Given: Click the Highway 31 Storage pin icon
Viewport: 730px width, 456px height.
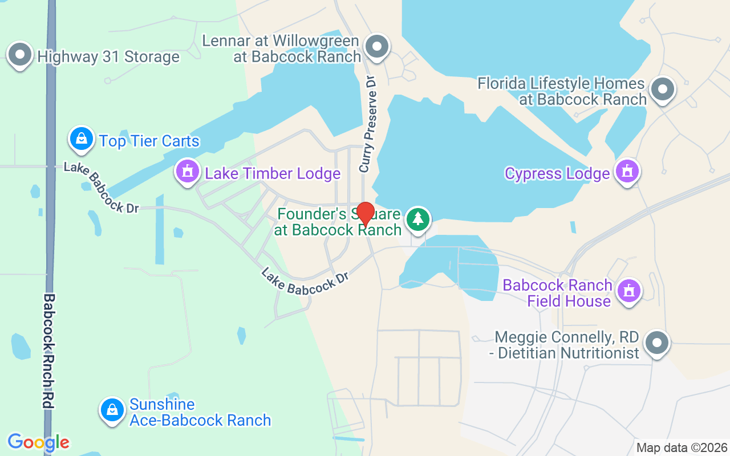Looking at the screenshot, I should pyautogui.click(x=21, y=55).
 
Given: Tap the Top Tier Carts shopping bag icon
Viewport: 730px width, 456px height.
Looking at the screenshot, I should pyautogui.click(x=82, y=139).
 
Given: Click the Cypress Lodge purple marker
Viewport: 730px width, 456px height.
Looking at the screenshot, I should pyautogui.click(x=627, y=171).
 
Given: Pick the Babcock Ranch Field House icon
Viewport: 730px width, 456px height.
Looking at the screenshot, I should pyautogui.click(x=629, y=291).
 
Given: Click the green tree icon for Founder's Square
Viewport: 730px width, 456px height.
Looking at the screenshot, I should pyautogui.click(x=418, y=219).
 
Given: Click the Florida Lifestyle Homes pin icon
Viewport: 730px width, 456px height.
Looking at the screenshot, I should pyautogui.click(x=662, y=89).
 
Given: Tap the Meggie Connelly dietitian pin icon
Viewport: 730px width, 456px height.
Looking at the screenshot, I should pyautogui.click(x=656, y=343).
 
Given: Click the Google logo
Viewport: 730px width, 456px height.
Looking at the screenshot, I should pyautogui.click(x=38, y=442).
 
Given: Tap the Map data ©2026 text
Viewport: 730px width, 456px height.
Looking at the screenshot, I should pyautogui.click(x=682, y=448).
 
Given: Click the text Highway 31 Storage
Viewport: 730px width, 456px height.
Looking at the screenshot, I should pyautogui.click(x=108, y=57).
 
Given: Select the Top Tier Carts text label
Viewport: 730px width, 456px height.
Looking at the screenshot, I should pyautogui.click(x=149, y=141).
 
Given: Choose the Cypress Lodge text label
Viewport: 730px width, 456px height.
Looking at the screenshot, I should pyautogui.click(x=557, y=173).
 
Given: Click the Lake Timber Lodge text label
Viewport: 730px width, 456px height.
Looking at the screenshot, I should pyautogui.click(x=273, y=173).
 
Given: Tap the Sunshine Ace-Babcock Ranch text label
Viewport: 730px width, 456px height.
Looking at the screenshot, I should pyautogui.click(x=200, y=413).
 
